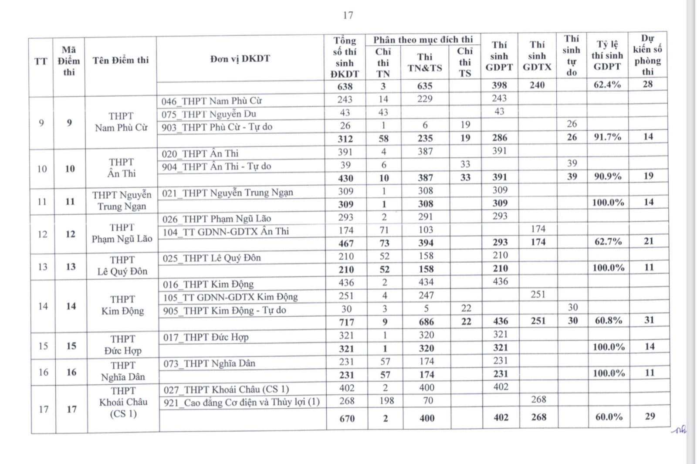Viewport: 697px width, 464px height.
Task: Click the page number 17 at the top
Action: [348, 15]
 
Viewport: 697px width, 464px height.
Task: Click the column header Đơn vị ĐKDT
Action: [240, 58]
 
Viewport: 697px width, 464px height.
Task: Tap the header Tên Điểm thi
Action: [121, 60]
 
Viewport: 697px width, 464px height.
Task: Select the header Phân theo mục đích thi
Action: [423, 40]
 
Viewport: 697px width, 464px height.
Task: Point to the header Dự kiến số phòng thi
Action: [647, 55]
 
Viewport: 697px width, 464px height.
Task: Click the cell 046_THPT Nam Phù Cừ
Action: [211, 101]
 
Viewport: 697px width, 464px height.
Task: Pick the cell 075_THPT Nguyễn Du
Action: [209, 114]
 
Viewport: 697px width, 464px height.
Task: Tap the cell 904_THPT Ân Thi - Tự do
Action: [216, 166]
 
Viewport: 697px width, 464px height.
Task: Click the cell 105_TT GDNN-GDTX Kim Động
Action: [230, 297]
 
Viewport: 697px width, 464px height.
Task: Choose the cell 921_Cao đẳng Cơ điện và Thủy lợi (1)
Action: [241, 402]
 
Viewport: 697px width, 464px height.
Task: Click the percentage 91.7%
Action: [607, 137]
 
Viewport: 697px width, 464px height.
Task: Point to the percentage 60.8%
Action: [608, 321]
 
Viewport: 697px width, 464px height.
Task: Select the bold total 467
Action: [346, 243]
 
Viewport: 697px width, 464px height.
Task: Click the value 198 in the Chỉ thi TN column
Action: [386, 401]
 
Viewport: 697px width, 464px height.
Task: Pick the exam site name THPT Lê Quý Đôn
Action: [122, 266]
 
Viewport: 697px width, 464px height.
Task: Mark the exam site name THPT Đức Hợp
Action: [123, 345]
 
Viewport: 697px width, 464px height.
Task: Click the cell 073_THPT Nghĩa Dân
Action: [209, 363]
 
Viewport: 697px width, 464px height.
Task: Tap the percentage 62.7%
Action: [608, 242]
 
